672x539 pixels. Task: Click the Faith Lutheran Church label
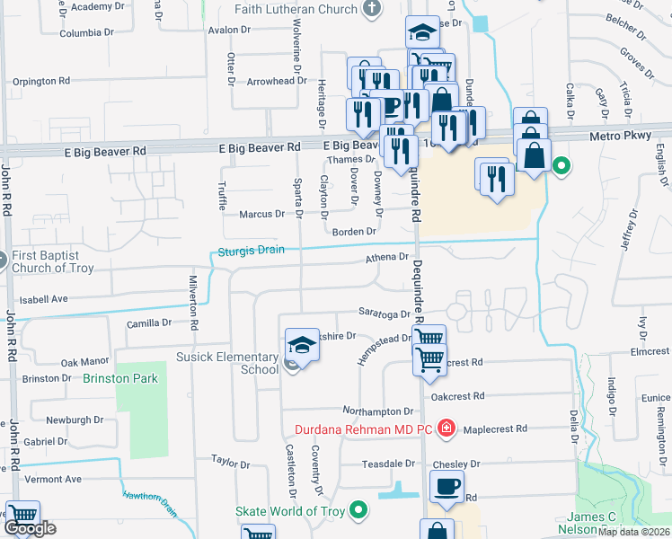click(x=296, y=11)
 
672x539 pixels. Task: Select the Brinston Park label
click(x=120, y=379)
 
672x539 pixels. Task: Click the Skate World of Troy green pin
click(x=359, y=511)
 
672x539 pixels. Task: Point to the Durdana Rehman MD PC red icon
click(x=447, y=429)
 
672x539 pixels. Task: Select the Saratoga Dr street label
click(x=387, y=314)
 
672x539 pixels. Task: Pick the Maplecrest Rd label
click(x=496, y=429)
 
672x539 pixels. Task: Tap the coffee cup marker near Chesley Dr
click(x=447, y=487)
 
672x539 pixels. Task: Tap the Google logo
click(x=30, y=528)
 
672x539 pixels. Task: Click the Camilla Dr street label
click(x=148, y=323)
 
